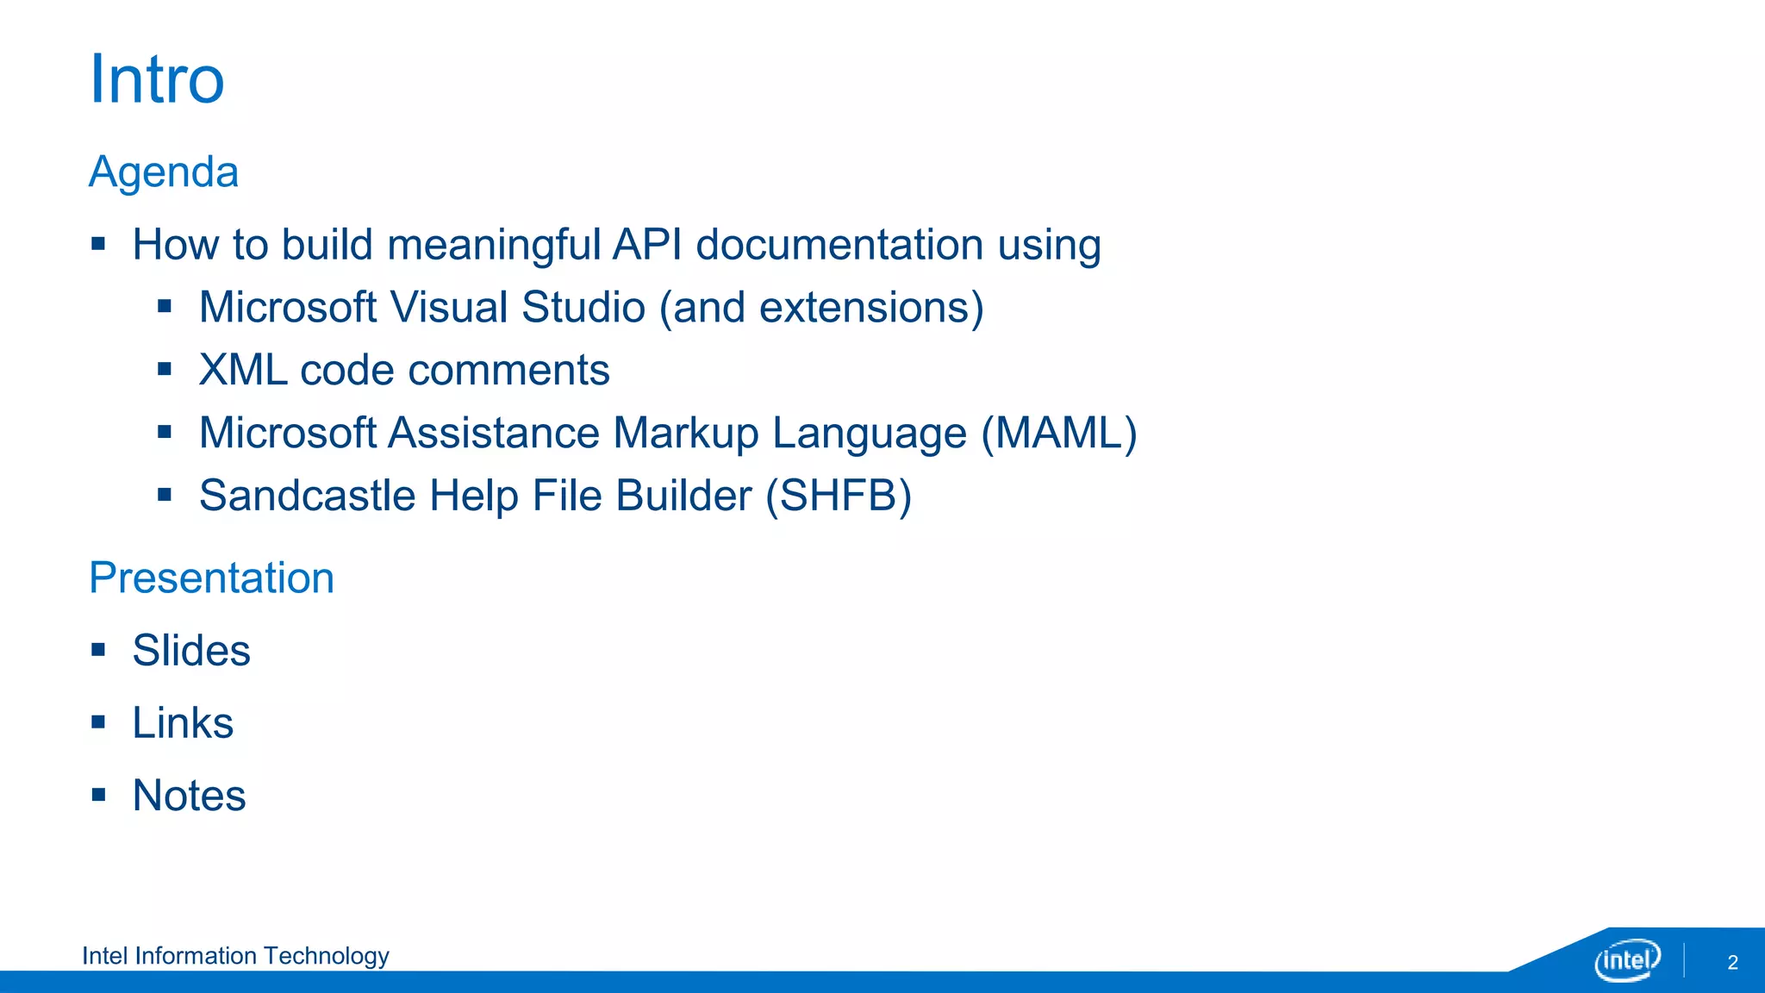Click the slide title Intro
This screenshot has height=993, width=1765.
click(157, 79)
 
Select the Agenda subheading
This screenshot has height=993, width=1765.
click(164, 172)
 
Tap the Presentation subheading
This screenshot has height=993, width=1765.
click(211, 578)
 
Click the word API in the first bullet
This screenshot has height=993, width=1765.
click(647, 244)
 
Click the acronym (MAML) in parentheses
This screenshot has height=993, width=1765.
click(1059, 433)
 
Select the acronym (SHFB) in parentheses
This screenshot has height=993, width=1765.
click(839, 496)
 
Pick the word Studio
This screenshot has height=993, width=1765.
click(583, 308)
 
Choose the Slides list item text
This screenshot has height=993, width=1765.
click(191, 650)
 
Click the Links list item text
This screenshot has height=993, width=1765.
click(183, 722)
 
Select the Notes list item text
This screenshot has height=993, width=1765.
click(189, 795)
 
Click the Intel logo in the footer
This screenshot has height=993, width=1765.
click(1627, 960)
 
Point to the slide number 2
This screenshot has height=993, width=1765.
click(1732, 963)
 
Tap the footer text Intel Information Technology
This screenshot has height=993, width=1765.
click(235, 956)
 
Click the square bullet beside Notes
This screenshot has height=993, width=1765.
click(99, 794)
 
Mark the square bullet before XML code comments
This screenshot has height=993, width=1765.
click(165, 369)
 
